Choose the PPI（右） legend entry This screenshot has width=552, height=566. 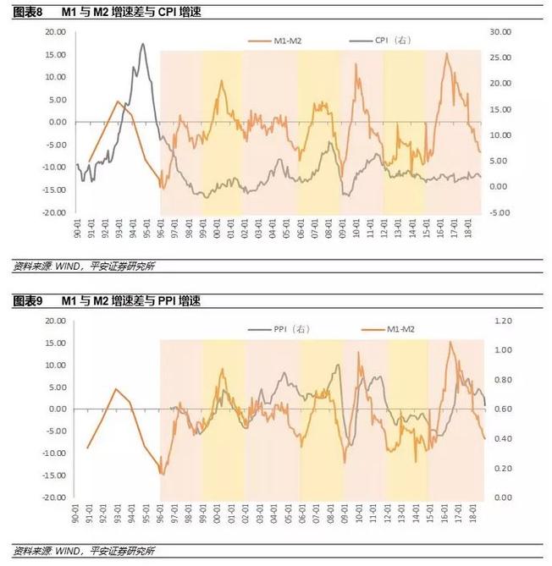click(x=284, y=328)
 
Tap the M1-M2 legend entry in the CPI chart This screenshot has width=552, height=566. click(x=283, y=41)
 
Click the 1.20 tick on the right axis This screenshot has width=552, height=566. click(x=505, y=321)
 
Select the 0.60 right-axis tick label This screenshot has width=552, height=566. click(x=505, y=409)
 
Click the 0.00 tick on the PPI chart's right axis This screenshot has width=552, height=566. click(x=505, y=497)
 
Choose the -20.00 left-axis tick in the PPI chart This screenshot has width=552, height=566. click(x=54, y=497)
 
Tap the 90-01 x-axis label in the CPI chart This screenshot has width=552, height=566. click(x=77, y=230)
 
